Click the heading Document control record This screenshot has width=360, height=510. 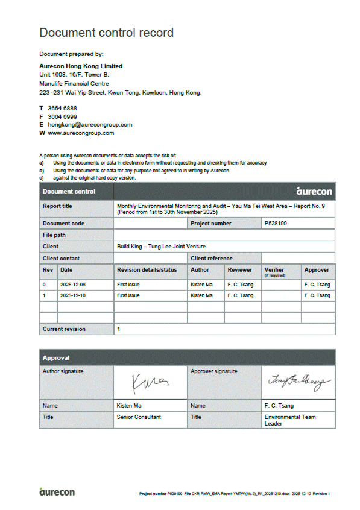pos(106,33)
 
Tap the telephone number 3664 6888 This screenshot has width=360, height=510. pos(62,108)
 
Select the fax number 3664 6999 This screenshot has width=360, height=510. pos(62,116)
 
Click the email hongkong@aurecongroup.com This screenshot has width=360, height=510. pos(90,125)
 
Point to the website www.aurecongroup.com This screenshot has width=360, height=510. pos(81,133)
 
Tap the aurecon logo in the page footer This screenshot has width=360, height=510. pos(57,493)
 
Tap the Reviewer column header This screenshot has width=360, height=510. pos(240,270)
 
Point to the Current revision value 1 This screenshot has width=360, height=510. pos(119,329)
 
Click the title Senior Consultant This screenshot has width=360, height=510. pos(139,417)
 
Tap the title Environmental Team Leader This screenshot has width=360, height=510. pos(289,420)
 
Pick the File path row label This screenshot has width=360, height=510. pos(54,235)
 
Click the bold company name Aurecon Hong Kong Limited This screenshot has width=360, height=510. pos(81,66)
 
